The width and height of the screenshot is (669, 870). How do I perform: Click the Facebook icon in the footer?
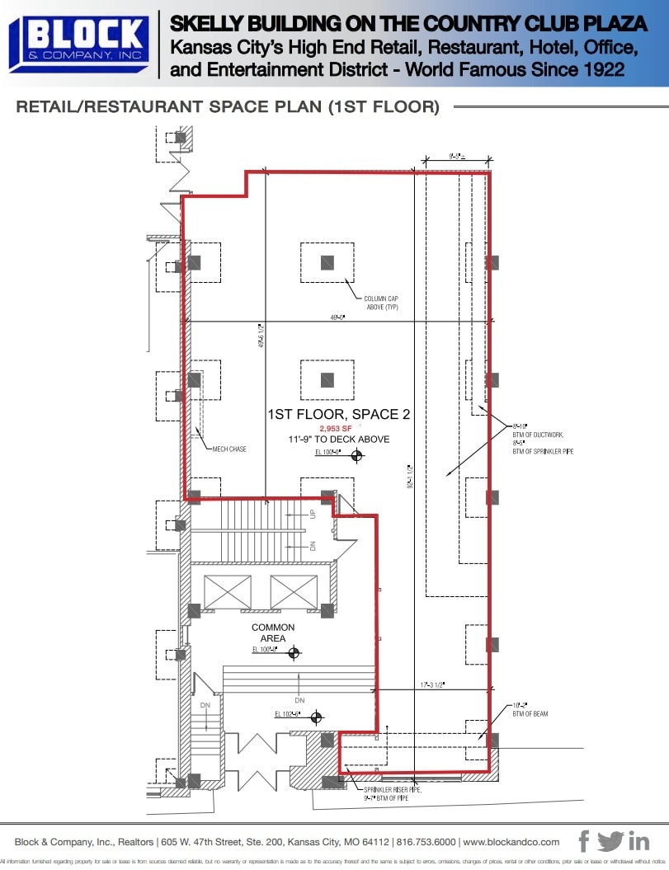[x=584, y=841]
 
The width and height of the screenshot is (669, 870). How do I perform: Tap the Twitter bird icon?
[x=610, y=841]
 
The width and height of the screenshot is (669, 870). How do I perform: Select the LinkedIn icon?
[x=638, y=842]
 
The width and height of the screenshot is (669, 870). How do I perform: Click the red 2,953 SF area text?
[x=337, y=429]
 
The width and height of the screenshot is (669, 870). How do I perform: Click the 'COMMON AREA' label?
[x=273, y=633]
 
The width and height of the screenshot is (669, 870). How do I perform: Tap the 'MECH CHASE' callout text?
[x=228, y=449]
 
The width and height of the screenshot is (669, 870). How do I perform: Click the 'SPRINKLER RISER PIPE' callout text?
[x=393, y=789]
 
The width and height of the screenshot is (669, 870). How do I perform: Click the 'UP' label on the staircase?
[x=313, y=514]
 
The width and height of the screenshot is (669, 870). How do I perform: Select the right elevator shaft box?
[x=293, y=591]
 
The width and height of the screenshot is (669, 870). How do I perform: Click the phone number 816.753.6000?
[x=425, y=842]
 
